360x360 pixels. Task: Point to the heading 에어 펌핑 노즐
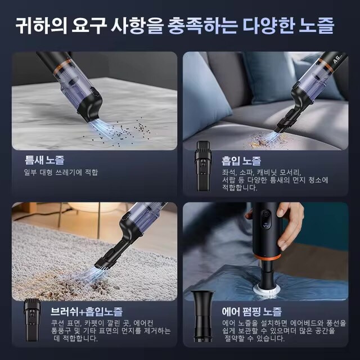[x=252, y=311]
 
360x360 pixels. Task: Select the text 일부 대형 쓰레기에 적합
[x=61, y=172]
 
